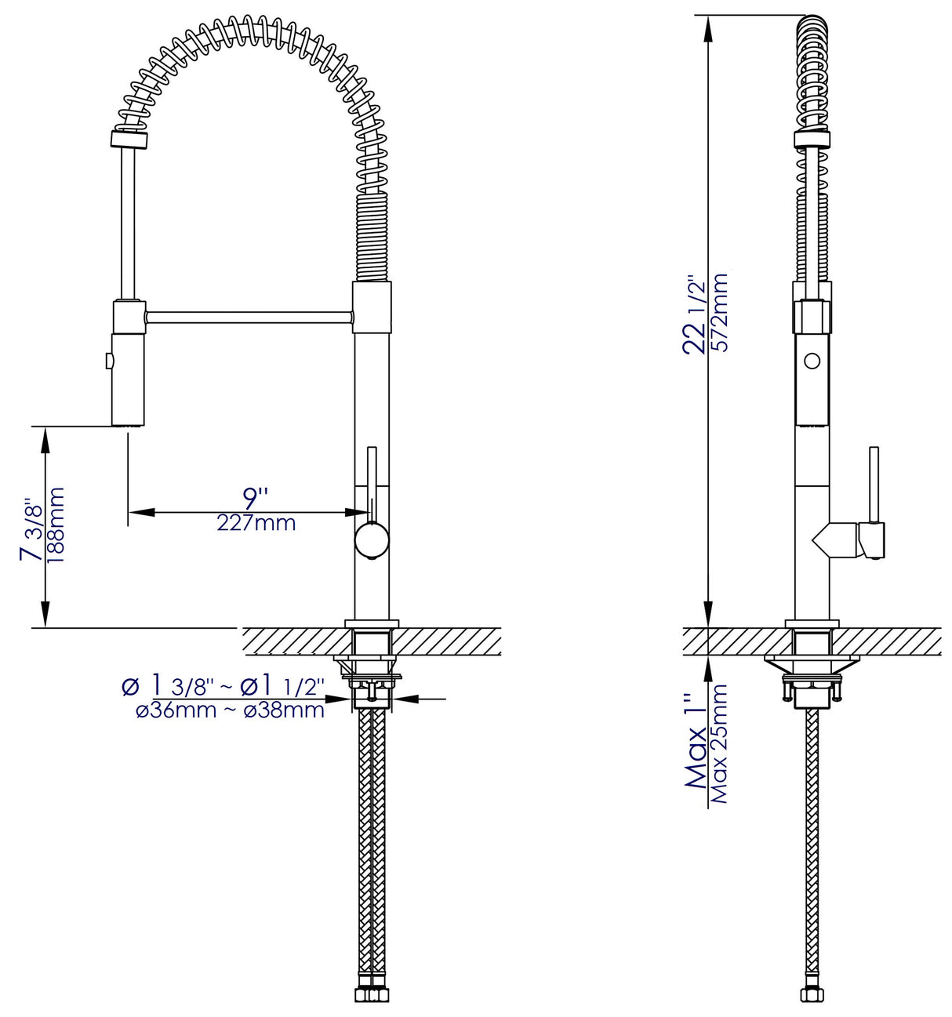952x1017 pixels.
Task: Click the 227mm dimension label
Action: click(256, 523)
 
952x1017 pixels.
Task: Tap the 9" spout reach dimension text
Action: click(255, 497)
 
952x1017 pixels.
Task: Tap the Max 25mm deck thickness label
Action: click(720, 743)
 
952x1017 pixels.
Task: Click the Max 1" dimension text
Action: click(696, 741)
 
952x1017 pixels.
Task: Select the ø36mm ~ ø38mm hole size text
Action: click(230, 710)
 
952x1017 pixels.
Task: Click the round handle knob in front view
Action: click(371, 541)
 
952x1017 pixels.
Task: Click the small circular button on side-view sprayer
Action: click(812, 361)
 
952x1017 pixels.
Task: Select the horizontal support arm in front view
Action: click(249, 317)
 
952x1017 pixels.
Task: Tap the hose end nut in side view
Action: click(812, 995)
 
